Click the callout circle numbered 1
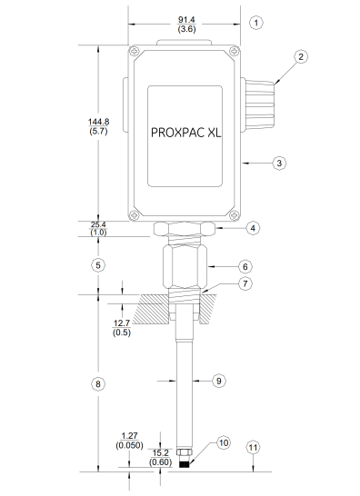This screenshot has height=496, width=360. (x=256, y=21)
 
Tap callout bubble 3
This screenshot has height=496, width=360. (x=280, y=163)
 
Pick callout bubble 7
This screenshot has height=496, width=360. (x=245, y=284)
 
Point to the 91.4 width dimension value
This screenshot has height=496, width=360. (x=185, y=18)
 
